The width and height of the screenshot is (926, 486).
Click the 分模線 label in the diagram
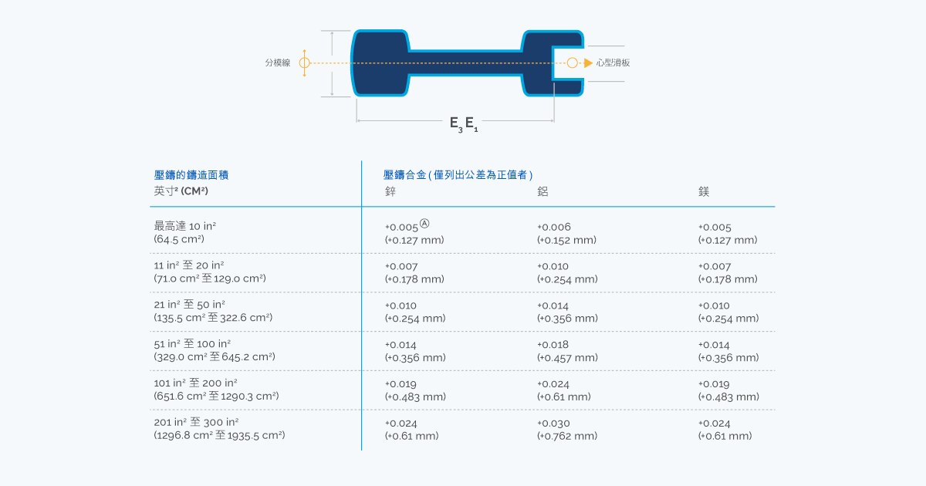click(277, 62)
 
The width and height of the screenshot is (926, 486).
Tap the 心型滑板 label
click(613, 62)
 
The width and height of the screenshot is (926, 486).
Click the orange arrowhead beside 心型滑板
click(588, 62)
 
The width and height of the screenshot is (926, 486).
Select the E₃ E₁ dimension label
click(464, 123)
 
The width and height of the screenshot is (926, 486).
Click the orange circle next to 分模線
click(305, 62)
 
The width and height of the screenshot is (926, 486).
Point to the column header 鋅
click(390, 191)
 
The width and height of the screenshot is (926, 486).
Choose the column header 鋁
click(542, 191)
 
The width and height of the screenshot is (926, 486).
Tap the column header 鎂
click(704, 191)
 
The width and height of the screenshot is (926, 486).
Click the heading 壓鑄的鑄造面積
click(191, 175)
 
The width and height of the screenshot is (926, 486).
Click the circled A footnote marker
click(424, 224)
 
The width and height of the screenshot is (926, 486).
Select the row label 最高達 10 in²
click(184, 226)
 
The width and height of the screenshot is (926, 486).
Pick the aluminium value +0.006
click(554, 227)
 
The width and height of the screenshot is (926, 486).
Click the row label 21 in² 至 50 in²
click(189, 305)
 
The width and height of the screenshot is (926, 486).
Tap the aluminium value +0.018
click(553, 345)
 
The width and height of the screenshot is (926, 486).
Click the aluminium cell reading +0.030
click(553, 424)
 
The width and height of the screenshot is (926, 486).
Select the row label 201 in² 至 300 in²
click(196, 422)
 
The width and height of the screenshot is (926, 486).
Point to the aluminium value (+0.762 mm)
click(567, 436)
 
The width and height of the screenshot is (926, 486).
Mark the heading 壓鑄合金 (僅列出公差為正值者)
click(458, 175)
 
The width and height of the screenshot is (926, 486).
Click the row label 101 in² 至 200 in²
click(195, 383)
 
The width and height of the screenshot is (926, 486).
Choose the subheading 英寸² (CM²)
click(181, 191)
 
